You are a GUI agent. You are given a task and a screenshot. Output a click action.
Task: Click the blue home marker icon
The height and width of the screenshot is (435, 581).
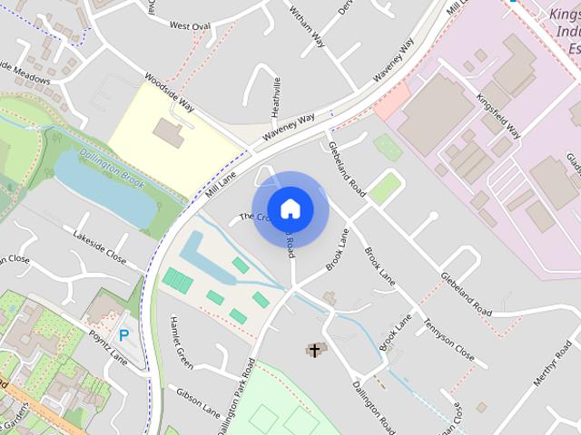pos(290,208)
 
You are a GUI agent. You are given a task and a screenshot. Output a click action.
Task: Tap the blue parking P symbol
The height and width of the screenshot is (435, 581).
pos(124,334)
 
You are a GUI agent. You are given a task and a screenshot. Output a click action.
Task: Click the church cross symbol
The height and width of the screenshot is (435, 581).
pos(315,350)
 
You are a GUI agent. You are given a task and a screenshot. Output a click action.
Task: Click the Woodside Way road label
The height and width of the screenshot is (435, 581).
pos(170,92)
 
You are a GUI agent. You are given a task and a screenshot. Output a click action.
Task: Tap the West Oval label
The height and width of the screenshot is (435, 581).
pos(190,25)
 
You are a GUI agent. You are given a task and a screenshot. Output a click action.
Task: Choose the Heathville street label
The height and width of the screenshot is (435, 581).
pos(277,95)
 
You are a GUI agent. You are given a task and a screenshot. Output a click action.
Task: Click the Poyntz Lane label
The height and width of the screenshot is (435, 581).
pos(108,346)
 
